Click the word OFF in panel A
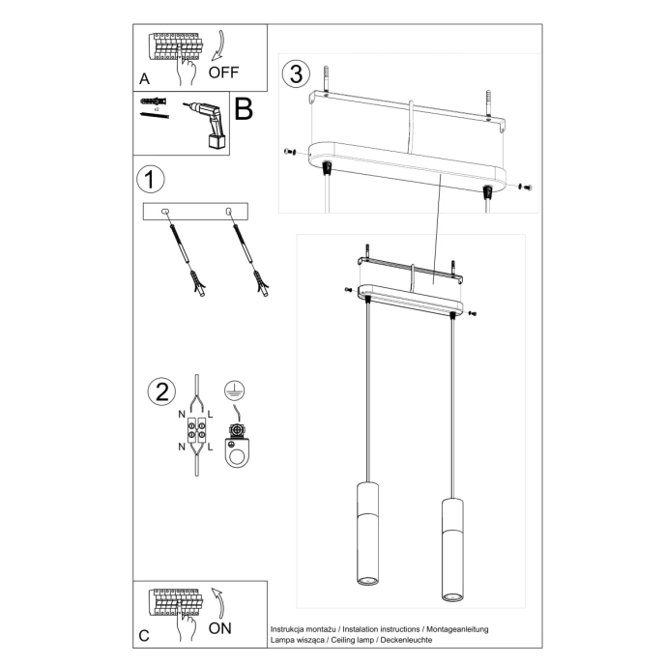224,72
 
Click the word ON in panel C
220,627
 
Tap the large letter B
244,109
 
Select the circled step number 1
148,180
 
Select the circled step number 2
161,391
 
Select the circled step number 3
297,72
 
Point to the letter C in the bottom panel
144,635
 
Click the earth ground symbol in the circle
232,390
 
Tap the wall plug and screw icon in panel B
154,107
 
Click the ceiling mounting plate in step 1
195,211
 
